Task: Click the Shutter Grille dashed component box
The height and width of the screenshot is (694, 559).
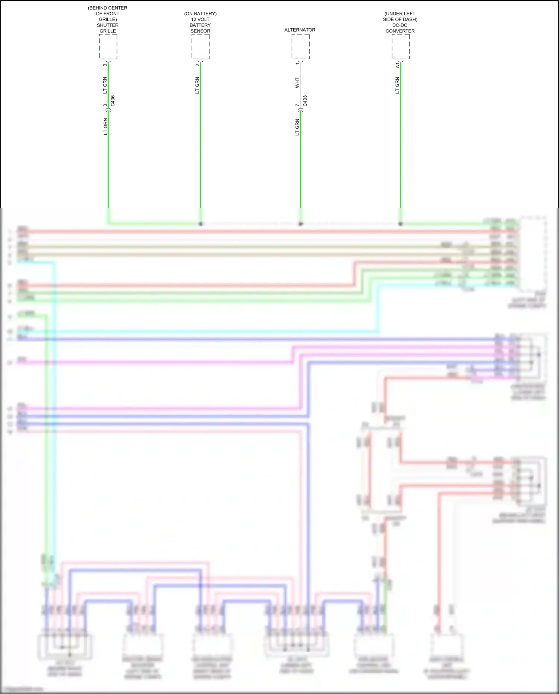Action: click(x=108, y=47)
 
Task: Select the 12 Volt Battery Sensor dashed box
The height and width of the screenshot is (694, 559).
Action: click(x=200, y=47)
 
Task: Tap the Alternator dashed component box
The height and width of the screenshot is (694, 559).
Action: click(x=300, y=47)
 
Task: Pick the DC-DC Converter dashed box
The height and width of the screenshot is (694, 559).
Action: click(x=401, y=47)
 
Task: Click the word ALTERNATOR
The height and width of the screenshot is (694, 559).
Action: click(x=300, y=30)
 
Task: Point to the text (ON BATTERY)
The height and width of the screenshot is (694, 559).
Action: click(x=200, y=14)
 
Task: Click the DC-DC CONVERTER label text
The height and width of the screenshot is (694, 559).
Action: click(x=400, y=28)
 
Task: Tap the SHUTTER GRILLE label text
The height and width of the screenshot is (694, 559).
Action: click(x=108, y=28)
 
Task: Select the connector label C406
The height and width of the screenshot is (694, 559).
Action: click(x=113, y=101)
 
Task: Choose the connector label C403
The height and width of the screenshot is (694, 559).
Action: click(x=305, y=101)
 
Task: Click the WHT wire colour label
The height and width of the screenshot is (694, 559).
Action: click(x=297, y=83)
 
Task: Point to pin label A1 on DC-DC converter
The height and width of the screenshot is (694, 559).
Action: click(x=397, y=65)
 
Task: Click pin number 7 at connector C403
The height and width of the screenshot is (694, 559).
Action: click(x=297, y=106)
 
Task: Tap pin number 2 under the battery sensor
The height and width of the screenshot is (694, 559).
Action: click(x=197, y=65)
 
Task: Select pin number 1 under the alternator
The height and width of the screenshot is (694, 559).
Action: click(x=297, y=63)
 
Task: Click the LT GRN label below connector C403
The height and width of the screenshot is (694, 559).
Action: click(x=297, y=127)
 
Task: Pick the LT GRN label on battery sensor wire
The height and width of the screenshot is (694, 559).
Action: click(x=197, y=85)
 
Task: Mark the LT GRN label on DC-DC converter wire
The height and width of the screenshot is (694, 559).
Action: click(x=397, y=85)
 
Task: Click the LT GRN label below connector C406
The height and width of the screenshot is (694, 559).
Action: click(x=105, y=126)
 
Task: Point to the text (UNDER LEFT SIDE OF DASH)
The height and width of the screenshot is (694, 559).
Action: click(x=400, y=16)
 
